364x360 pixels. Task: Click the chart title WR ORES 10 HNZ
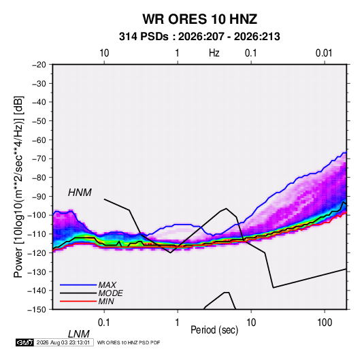tap(199, 19)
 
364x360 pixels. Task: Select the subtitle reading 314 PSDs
tap(144, 37)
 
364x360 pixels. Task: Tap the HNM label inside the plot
tap(80, 193)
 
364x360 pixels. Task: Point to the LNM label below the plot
tap(79, 334)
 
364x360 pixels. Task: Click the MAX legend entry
tap(107, 284)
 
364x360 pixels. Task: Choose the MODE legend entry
tap(110, 293)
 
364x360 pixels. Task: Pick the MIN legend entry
tap(106, 301)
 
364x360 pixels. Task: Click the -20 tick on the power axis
tap(39, 65)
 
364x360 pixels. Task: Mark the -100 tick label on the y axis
tap(37, 215)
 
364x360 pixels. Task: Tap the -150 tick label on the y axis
tap(37, 310)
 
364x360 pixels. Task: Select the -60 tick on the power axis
tap(39, 140)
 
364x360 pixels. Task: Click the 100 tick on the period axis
tap(325, 323)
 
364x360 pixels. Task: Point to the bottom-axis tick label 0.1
tap(104, 323)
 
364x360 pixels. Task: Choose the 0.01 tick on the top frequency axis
tap(324, 53)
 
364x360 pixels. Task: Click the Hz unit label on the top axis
tap(214, 53)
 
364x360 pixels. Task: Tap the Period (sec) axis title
tap(214, 330)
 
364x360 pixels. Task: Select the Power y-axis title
tap(18, 186)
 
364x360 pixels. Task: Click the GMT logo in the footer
tap(24, 342)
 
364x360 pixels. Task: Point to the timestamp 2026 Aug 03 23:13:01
tap(63, 342)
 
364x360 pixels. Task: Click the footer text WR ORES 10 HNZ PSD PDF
tap(129, 342)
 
